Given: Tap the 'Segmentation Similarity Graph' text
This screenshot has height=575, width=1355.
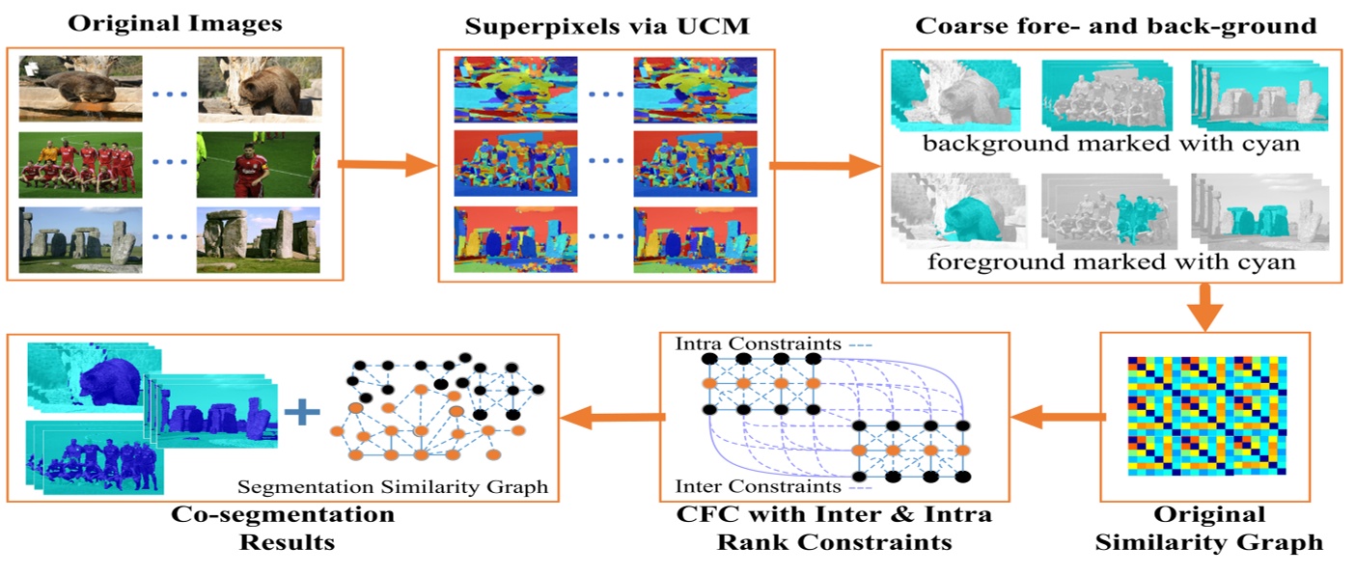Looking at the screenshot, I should coord(393,486).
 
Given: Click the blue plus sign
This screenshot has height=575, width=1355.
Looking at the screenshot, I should coord(303,413).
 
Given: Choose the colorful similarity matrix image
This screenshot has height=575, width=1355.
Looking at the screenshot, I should coord(1204,414).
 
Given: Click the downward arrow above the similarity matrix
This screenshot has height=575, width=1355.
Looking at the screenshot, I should coord(1204,307).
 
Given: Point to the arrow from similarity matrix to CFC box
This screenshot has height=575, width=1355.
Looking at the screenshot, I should coord(1058,416).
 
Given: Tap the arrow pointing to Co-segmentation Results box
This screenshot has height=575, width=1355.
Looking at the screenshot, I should coord(616,417).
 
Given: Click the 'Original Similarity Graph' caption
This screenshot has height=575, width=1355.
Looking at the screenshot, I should coord(1207,528).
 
